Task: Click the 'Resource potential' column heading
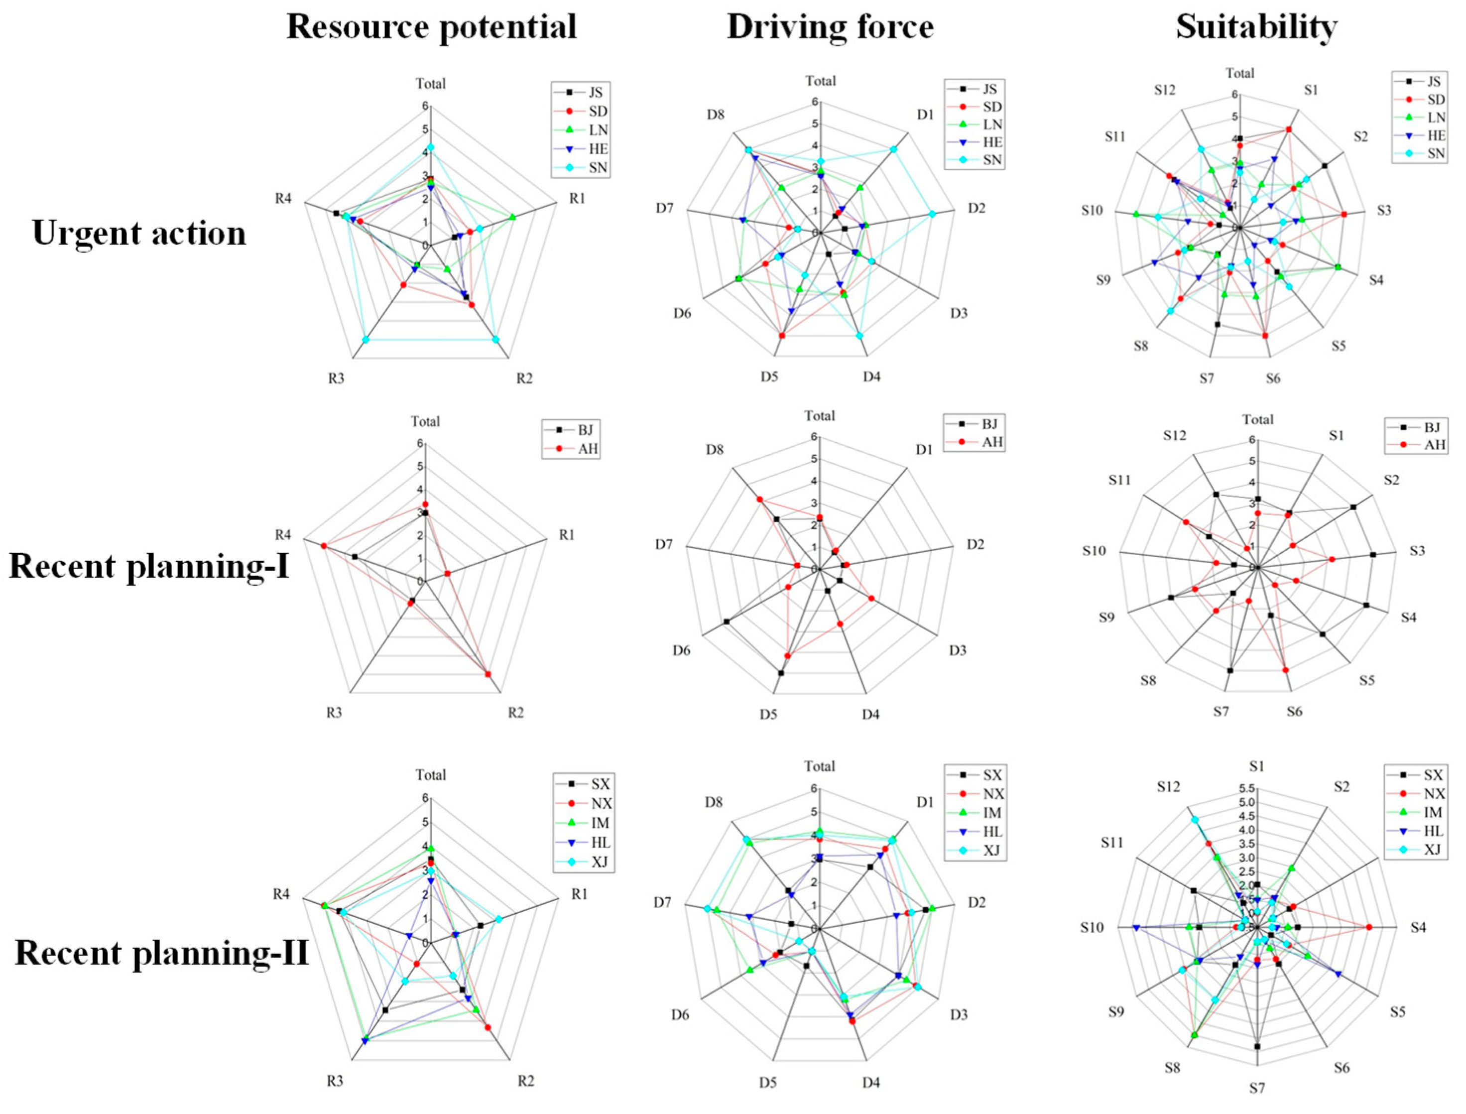click(x=432, y=28)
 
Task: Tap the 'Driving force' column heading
click(x=830, y=28)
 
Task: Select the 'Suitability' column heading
click(x=1256, y=28)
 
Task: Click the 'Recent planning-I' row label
click(x=149, y=566)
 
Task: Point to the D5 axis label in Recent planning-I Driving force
click(x=769, y=714)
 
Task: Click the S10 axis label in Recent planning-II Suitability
click(x=1092, y=927)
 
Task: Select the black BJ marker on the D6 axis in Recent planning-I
click(x=727, y=621)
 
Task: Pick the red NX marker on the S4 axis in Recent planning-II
click(x=1369, y=927)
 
